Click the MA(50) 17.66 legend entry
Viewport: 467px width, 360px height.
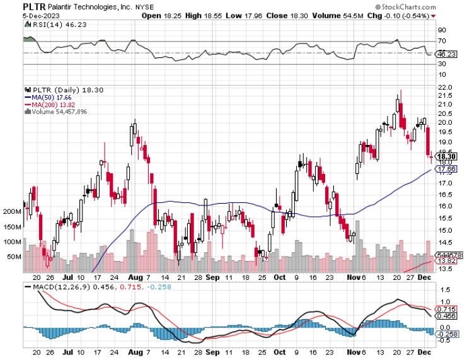click(x=47, y=97)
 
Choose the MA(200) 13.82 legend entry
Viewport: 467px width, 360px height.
click(x=48, y=105)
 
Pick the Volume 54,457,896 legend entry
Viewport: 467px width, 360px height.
click(x=57, y=112)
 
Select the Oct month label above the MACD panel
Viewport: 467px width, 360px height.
click(x=280, y=277)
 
